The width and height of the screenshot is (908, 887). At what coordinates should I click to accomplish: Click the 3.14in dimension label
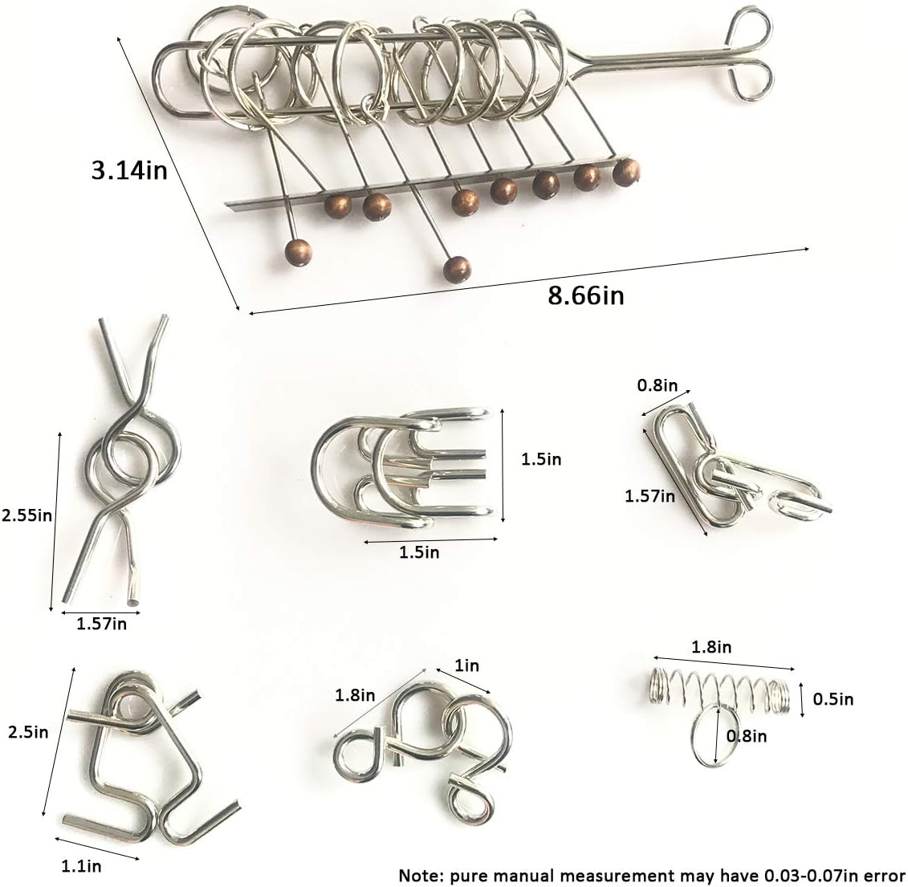point(128,169)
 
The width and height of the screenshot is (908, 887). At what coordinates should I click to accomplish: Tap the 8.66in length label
point(585,295)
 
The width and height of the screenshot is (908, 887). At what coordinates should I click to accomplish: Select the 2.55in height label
point(26,515)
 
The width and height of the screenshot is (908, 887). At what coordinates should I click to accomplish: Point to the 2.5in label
point(28,732)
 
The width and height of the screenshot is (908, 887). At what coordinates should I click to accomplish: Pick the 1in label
point(466,665)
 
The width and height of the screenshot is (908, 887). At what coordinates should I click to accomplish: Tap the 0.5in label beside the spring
point(833,699)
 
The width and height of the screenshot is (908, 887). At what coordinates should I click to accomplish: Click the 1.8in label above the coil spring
point(711,646)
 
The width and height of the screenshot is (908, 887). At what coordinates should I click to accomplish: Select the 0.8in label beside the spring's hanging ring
point(746,735)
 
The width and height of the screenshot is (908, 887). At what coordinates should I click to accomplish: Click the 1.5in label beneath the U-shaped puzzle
point(419,552)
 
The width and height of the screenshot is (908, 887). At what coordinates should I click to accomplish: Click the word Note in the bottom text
point(418,874)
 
